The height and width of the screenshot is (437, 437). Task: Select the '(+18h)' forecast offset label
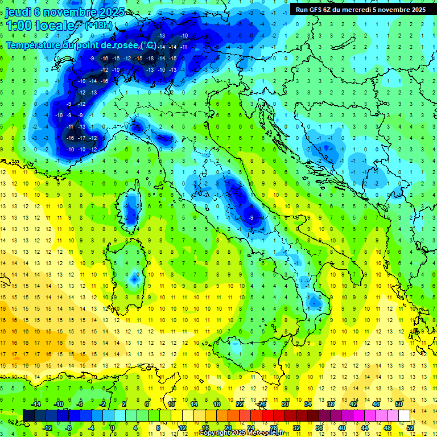pos(98,25)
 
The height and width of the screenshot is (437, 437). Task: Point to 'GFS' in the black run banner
pos(315,10)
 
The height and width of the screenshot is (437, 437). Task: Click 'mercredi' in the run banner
pos(361,10)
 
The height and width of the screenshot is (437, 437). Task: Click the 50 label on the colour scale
pos(399,404)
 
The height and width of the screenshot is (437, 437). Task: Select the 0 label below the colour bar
pos(113,427)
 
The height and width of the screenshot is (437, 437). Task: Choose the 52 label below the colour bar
pos(410,427)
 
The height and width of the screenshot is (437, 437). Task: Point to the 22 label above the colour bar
pos(240,404)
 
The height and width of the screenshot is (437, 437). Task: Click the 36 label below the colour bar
pos(319,427)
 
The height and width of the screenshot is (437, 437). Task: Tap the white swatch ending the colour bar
pos(405,415)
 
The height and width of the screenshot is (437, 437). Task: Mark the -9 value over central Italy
pos(251,217)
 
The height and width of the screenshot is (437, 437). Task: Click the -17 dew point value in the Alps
pos(82,138)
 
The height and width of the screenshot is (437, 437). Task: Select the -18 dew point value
pos(150,58)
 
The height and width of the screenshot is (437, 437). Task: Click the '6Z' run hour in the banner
pos(328,10)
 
